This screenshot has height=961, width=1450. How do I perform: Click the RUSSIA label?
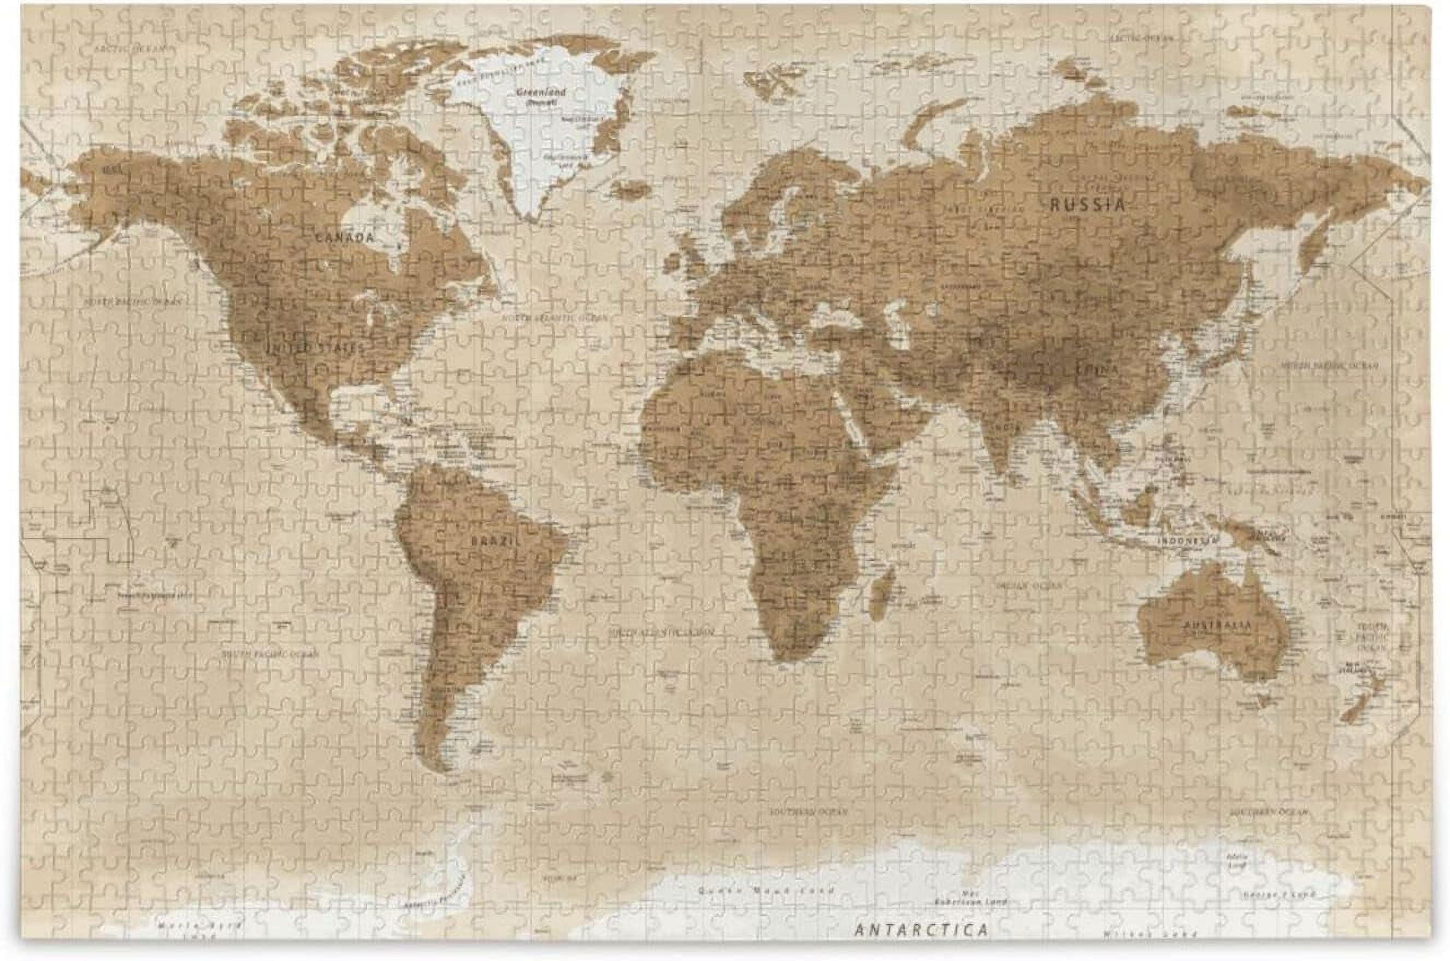(x=1088, y=205)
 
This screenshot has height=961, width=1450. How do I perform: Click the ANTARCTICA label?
(x=922, y=929)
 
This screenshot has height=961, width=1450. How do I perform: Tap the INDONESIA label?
(x=1186, y=541)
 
